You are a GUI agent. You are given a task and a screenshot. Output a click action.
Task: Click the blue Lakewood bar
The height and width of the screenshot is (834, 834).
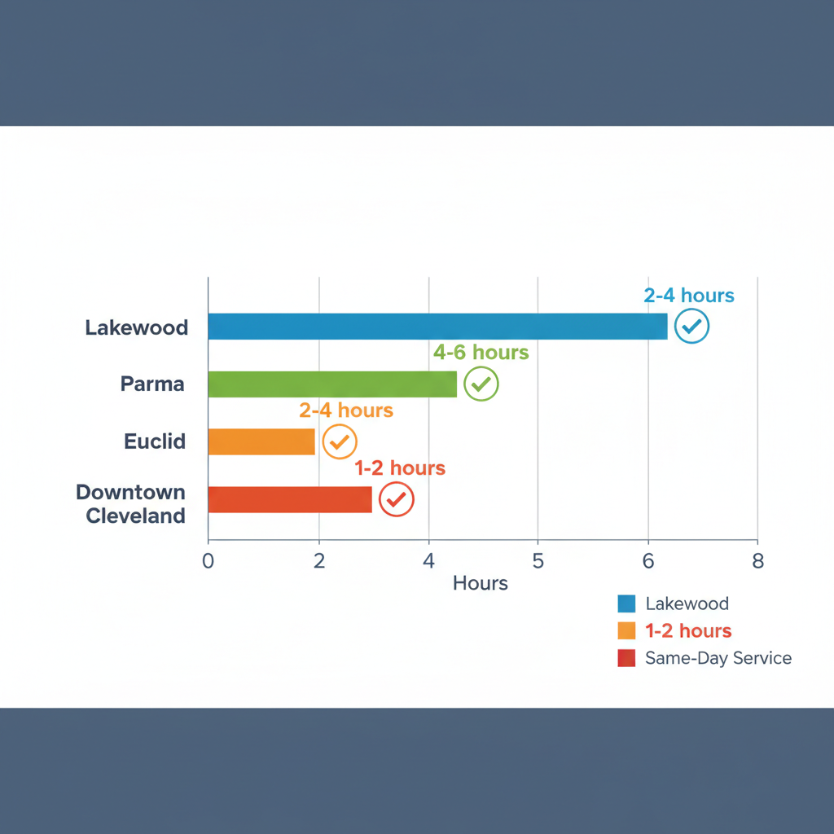pyautogui.click(x=437, y=327)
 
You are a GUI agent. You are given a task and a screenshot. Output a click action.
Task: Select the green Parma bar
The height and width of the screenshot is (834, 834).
pyautogui.click(x=332, y=384)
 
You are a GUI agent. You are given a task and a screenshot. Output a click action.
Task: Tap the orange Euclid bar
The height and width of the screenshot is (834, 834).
pyautogui.click(x=261, y=441)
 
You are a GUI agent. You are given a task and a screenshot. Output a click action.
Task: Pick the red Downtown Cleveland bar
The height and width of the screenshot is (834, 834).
pyautogui.click(x=290, y=499)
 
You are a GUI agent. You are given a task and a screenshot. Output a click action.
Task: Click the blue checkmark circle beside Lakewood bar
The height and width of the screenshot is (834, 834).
pyautogui.click(x=692, y=327)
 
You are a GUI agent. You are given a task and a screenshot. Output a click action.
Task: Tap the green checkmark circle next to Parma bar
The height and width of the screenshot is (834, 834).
pyautogui.click(x=481, y=384)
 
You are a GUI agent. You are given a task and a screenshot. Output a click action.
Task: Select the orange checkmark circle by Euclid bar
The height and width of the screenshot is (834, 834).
pyautogui.click(x=340, y=441)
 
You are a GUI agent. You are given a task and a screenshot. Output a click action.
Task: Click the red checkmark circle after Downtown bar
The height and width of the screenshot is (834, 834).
pyautogui.click(x=397, y=499)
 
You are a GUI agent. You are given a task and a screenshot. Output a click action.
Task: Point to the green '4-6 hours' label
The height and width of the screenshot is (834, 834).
pyautogui.click(x=481, y=353)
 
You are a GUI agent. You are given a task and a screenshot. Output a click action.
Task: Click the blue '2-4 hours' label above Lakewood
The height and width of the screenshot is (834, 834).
pyautogui.click(x=689, y=296)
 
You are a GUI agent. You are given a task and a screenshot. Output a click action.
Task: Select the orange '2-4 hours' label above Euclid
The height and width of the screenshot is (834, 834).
pyautogui.click(x=346, y=410)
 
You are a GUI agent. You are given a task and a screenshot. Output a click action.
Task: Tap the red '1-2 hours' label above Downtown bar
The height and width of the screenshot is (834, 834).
pyautogui.click(x=400, y=468)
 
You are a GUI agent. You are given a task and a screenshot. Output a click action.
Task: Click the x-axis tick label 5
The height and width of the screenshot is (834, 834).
pyautogui.click(x=538, y=561)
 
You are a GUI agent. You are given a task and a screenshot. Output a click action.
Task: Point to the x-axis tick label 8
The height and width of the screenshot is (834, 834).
pyautogui.click(x=757, y=561)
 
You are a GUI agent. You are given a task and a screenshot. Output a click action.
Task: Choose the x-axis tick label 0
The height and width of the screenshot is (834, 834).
pyautogui.click(x=208, y=561)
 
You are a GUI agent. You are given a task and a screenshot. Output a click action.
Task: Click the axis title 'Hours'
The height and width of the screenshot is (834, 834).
pyautogui.click(x=481, y=583)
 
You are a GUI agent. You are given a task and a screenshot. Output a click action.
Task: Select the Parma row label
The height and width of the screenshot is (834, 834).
pyautogui.click(x=152, y=384)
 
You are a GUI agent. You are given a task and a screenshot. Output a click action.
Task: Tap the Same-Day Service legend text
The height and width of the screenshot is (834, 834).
pyautogui.click(x=718, y=658)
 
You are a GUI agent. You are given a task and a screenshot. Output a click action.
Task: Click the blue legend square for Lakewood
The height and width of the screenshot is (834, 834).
pyautogui.click(x=626, y=604)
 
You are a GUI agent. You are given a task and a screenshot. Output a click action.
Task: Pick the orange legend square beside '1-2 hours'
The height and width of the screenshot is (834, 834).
pyautogui.click(x=626, y=631)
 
